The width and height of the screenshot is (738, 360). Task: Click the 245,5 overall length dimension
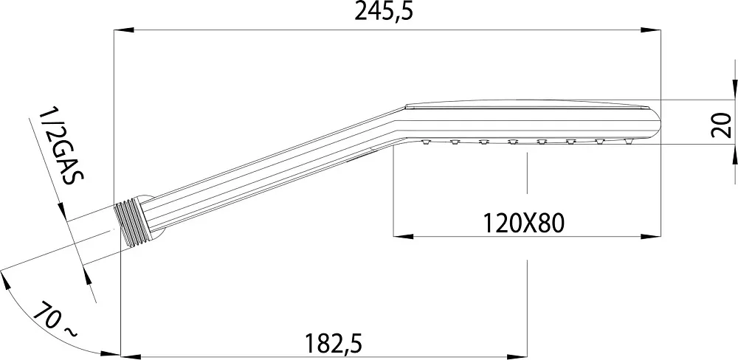384,12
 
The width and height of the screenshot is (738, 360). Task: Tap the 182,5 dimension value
334,344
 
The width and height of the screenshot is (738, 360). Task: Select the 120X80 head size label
523,224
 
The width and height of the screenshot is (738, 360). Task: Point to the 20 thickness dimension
721,125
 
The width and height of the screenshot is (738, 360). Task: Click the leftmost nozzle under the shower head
427,142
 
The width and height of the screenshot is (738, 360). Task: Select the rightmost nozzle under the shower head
629,141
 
